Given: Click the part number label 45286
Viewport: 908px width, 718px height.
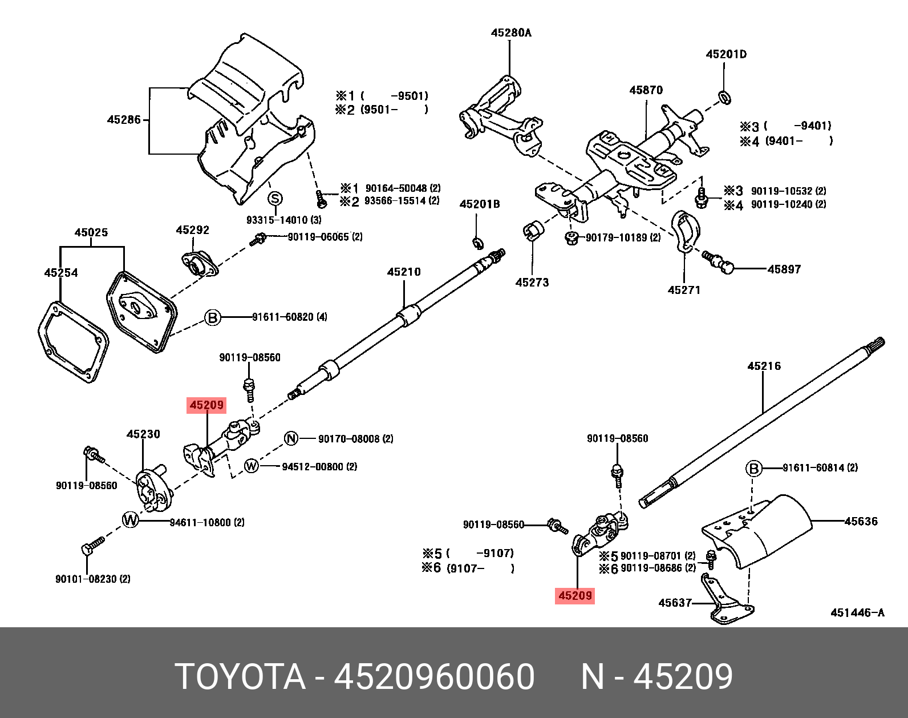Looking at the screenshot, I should click(x=124, y=120).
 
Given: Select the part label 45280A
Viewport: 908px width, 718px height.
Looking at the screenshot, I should click(x=511, y=33).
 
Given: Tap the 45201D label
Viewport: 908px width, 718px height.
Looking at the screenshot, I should click(x=726, y=55).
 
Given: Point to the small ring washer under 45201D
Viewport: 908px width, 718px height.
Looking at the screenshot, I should click(x=724, y=98).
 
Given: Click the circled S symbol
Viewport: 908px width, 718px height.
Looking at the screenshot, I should click(x=275, y=199).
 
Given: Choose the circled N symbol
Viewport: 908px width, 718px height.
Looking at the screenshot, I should click(x=291, y=438).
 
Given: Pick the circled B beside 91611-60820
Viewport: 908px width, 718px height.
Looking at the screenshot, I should click(x=213, y=317).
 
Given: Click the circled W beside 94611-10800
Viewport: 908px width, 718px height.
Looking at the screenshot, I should click(x=131, y=520).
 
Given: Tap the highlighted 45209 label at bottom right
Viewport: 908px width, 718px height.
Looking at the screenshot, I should click(x=575, y=596).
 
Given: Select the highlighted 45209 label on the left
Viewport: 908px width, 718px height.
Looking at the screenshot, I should click(x=206, y=405).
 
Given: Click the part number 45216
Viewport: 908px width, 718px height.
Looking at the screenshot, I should click(x=764, y=366).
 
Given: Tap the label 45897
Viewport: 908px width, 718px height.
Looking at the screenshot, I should click(x=784, y=269).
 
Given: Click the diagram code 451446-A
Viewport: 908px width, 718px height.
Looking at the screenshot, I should click(x=857, y=613).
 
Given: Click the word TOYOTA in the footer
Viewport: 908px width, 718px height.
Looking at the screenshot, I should click(x=240, y=677).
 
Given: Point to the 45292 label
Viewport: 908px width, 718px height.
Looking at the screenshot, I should click(x=192, y=231).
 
